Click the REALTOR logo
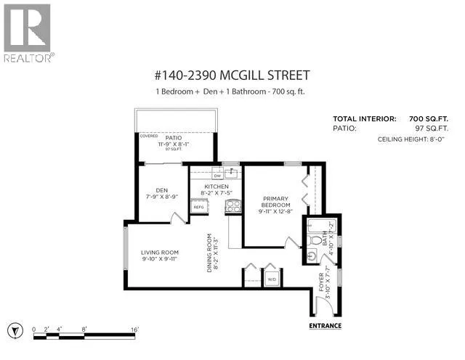[29, 33]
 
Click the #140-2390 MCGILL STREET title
[232, 75]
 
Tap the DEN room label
[162, 190]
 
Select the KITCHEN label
[217, 187]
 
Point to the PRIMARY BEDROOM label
[276, 202]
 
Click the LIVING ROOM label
[160, 253]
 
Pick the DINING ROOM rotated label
[209, 253]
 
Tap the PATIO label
[174, 138]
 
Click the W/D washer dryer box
[272, 279]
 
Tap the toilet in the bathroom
[314, 240]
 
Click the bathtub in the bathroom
[322, 226]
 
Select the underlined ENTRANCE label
[325, 326]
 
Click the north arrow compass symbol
[15, 330]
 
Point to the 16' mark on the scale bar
[135, 330]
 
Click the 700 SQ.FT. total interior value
[429, 119]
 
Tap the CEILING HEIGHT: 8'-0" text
[411, 139]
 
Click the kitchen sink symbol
[231, 173]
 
